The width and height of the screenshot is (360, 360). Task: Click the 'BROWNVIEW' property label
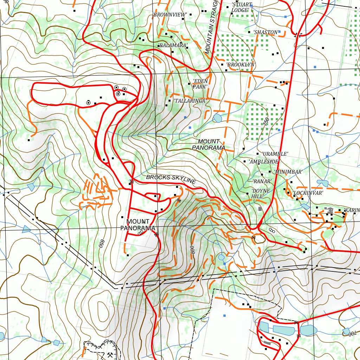pos(169,15)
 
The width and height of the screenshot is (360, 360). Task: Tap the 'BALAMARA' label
pos(172,46)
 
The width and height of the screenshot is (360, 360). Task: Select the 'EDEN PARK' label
pos(200,84)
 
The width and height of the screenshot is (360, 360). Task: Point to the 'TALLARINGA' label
pos(189,101)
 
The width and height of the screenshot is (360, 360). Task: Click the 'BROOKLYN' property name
pos(241,65)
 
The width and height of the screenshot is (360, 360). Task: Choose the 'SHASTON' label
pos(266,32)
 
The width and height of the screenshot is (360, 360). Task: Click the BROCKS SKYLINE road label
pos(171,179)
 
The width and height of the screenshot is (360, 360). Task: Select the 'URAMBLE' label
pos(275,154)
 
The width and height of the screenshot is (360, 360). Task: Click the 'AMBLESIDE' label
pos(264,162)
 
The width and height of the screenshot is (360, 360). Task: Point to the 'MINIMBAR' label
pos(288,172)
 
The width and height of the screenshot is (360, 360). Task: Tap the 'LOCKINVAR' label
pos(308,193)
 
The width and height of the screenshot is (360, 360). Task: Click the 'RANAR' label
pos(262,181)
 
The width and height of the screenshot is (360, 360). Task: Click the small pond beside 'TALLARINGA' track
pos(217,117)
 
